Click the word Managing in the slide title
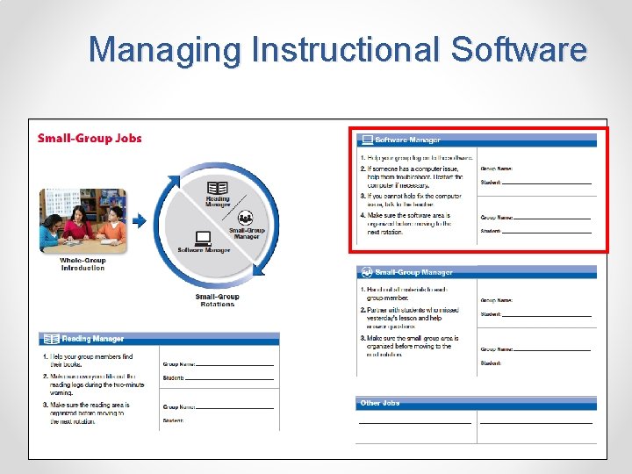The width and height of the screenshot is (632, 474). [165, 49]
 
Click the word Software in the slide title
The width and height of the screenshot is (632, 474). [518, 49]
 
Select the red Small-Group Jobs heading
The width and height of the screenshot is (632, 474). [90, 138]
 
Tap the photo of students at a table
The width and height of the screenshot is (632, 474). [83, 220]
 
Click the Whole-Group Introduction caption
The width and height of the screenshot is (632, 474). [83, 264]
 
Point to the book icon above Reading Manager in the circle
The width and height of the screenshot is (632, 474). [217, 188]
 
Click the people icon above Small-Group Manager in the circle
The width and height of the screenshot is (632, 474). [246, 218]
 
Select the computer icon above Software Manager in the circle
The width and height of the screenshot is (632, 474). [203, 238]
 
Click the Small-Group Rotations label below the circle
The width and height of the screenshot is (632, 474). [217, 300]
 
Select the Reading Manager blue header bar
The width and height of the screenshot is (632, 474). [159, 339]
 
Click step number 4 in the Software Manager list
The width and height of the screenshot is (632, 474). [363, 215]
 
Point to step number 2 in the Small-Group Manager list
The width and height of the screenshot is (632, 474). [363, 310]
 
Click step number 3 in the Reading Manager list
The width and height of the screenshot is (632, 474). [46, 405]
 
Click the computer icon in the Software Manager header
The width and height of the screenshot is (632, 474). [367, 140]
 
